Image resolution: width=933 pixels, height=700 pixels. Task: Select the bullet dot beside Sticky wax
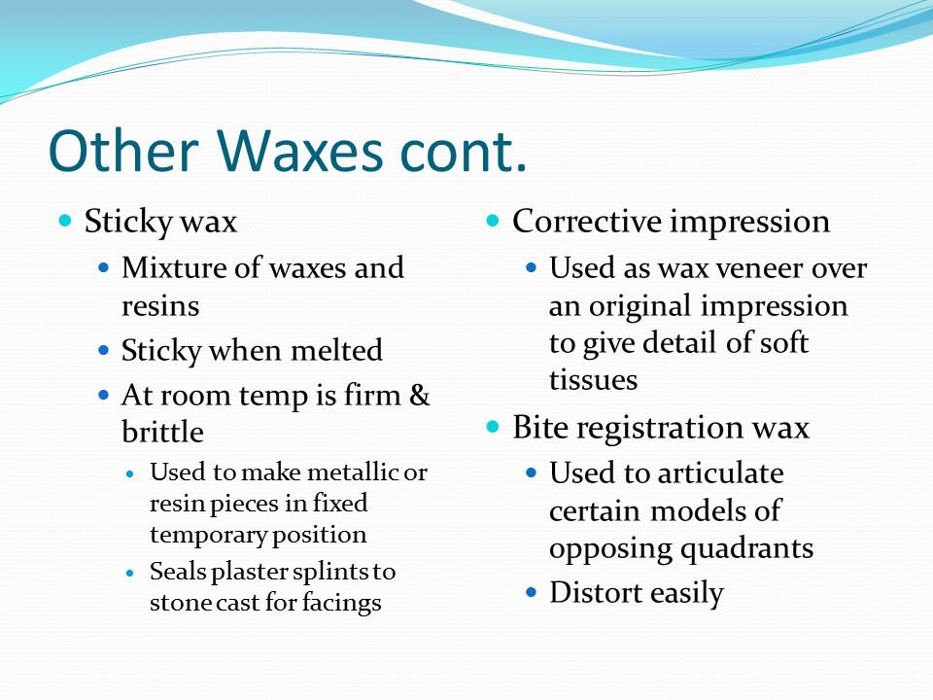click(x=66, y=222)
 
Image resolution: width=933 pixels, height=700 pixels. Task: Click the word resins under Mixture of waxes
click(x=160, y=306)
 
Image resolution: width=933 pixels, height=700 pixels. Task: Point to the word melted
click(x=336, y=350)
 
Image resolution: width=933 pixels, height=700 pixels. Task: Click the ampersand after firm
click(x=420, y=396)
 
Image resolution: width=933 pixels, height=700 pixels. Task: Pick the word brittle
click(x=162, y=433)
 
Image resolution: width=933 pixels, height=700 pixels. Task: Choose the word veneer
click(x=758, y=268)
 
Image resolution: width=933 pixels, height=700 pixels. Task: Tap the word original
click(x=645, y=306)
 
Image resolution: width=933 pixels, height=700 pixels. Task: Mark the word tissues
click(x=593, y=380)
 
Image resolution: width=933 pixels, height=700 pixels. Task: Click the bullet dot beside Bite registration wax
click(x=494, y=427)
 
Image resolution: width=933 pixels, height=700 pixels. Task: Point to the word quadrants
click(x=744, y=548)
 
